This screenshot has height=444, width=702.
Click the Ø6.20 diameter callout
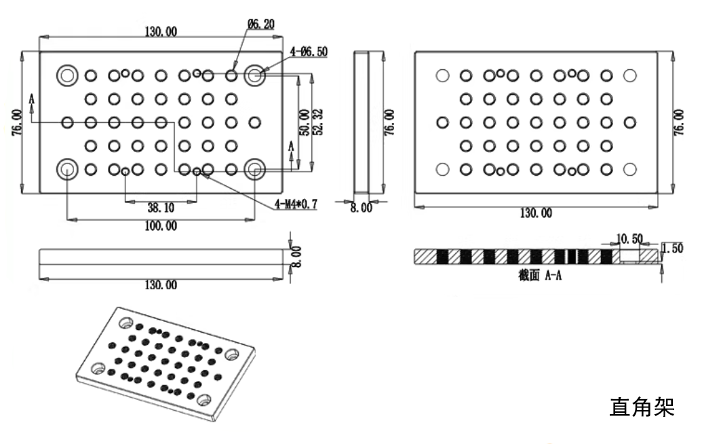pyautogui.click(x=261, y=24)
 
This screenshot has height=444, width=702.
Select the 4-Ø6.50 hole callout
pyautogui.click(x=309, y=51)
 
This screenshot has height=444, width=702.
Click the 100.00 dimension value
pyautogui.click(x=161, y=226)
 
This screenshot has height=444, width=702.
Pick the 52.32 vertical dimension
pyautogui.click(x=318, y=123)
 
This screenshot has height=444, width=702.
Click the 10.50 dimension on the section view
pyautogui.click(x=629, y=239)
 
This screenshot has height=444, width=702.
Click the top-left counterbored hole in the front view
pyautogui.click(x=67, y=75)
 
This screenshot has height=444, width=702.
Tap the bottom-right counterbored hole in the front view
pyautogui.click(x=255, y=169)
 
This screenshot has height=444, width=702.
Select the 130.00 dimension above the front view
pyautogui.click(x=161, y=31)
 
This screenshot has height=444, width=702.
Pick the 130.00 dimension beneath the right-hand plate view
pyautogui.click(x=535, y=213)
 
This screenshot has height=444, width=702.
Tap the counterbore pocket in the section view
pyautogui.click(x=629, y=255)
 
